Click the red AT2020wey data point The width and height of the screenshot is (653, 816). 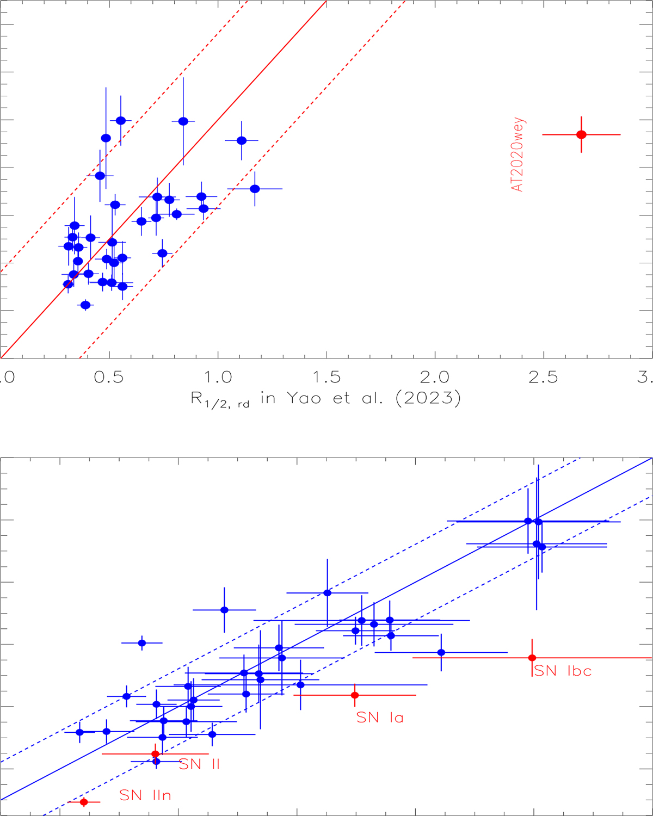pyautogui.click(x=581, y=134)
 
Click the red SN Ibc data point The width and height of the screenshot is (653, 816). pyautogui.click(x=532, y=658)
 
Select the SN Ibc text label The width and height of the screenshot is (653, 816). pyautogui.click(x=563, y=671)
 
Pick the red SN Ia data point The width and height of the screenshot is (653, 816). pyautogui.click(x=355, y=695)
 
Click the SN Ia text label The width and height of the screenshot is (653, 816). pyautogui.click(x=380, y=718)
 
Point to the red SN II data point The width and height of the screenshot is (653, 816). pyautogui.click(x=155, y=753)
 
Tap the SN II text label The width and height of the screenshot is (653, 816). pyautogui.click(x=199, y=764)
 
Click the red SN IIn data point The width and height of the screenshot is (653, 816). pyautogui.click(x=84, y=802)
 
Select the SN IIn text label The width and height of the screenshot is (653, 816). pyautogui.click(x=145, y=795)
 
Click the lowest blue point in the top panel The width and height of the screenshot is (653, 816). pyautogui.click(x=85, y=305)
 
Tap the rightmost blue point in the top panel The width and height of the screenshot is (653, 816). pyautogui.click(x=255, y=189)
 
